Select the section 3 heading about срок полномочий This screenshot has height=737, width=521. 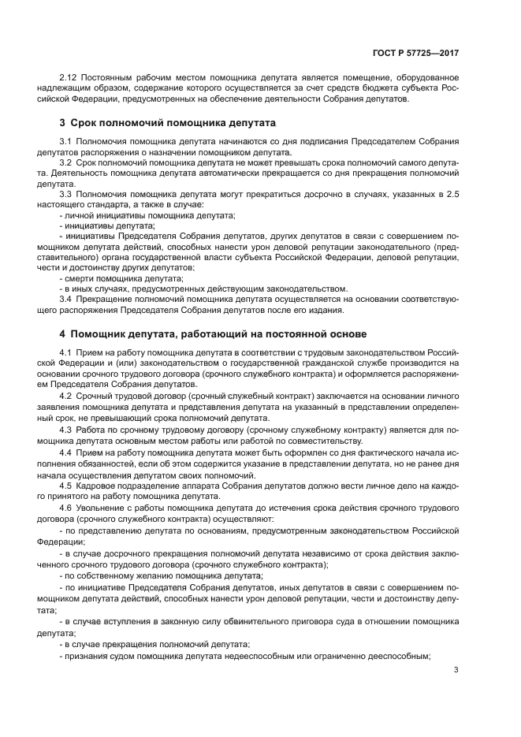pyautogui.click(x=167, y=124)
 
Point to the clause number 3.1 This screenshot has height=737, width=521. pyautogui.click(x=65, y=140)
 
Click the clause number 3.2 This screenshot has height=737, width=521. pyautogui.click(x=65, y=162)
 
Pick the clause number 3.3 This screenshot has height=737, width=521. pyautogui.click(x=65, y=193)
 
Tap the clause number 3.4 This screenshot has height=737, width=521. pyautogui.click(x=65, y=299)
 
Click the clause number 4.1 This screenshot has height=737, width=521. pyautogui.click(x=65, y=351)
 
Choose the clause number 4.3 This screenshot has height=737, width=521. pyautogui.click(x=65, y=429)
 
